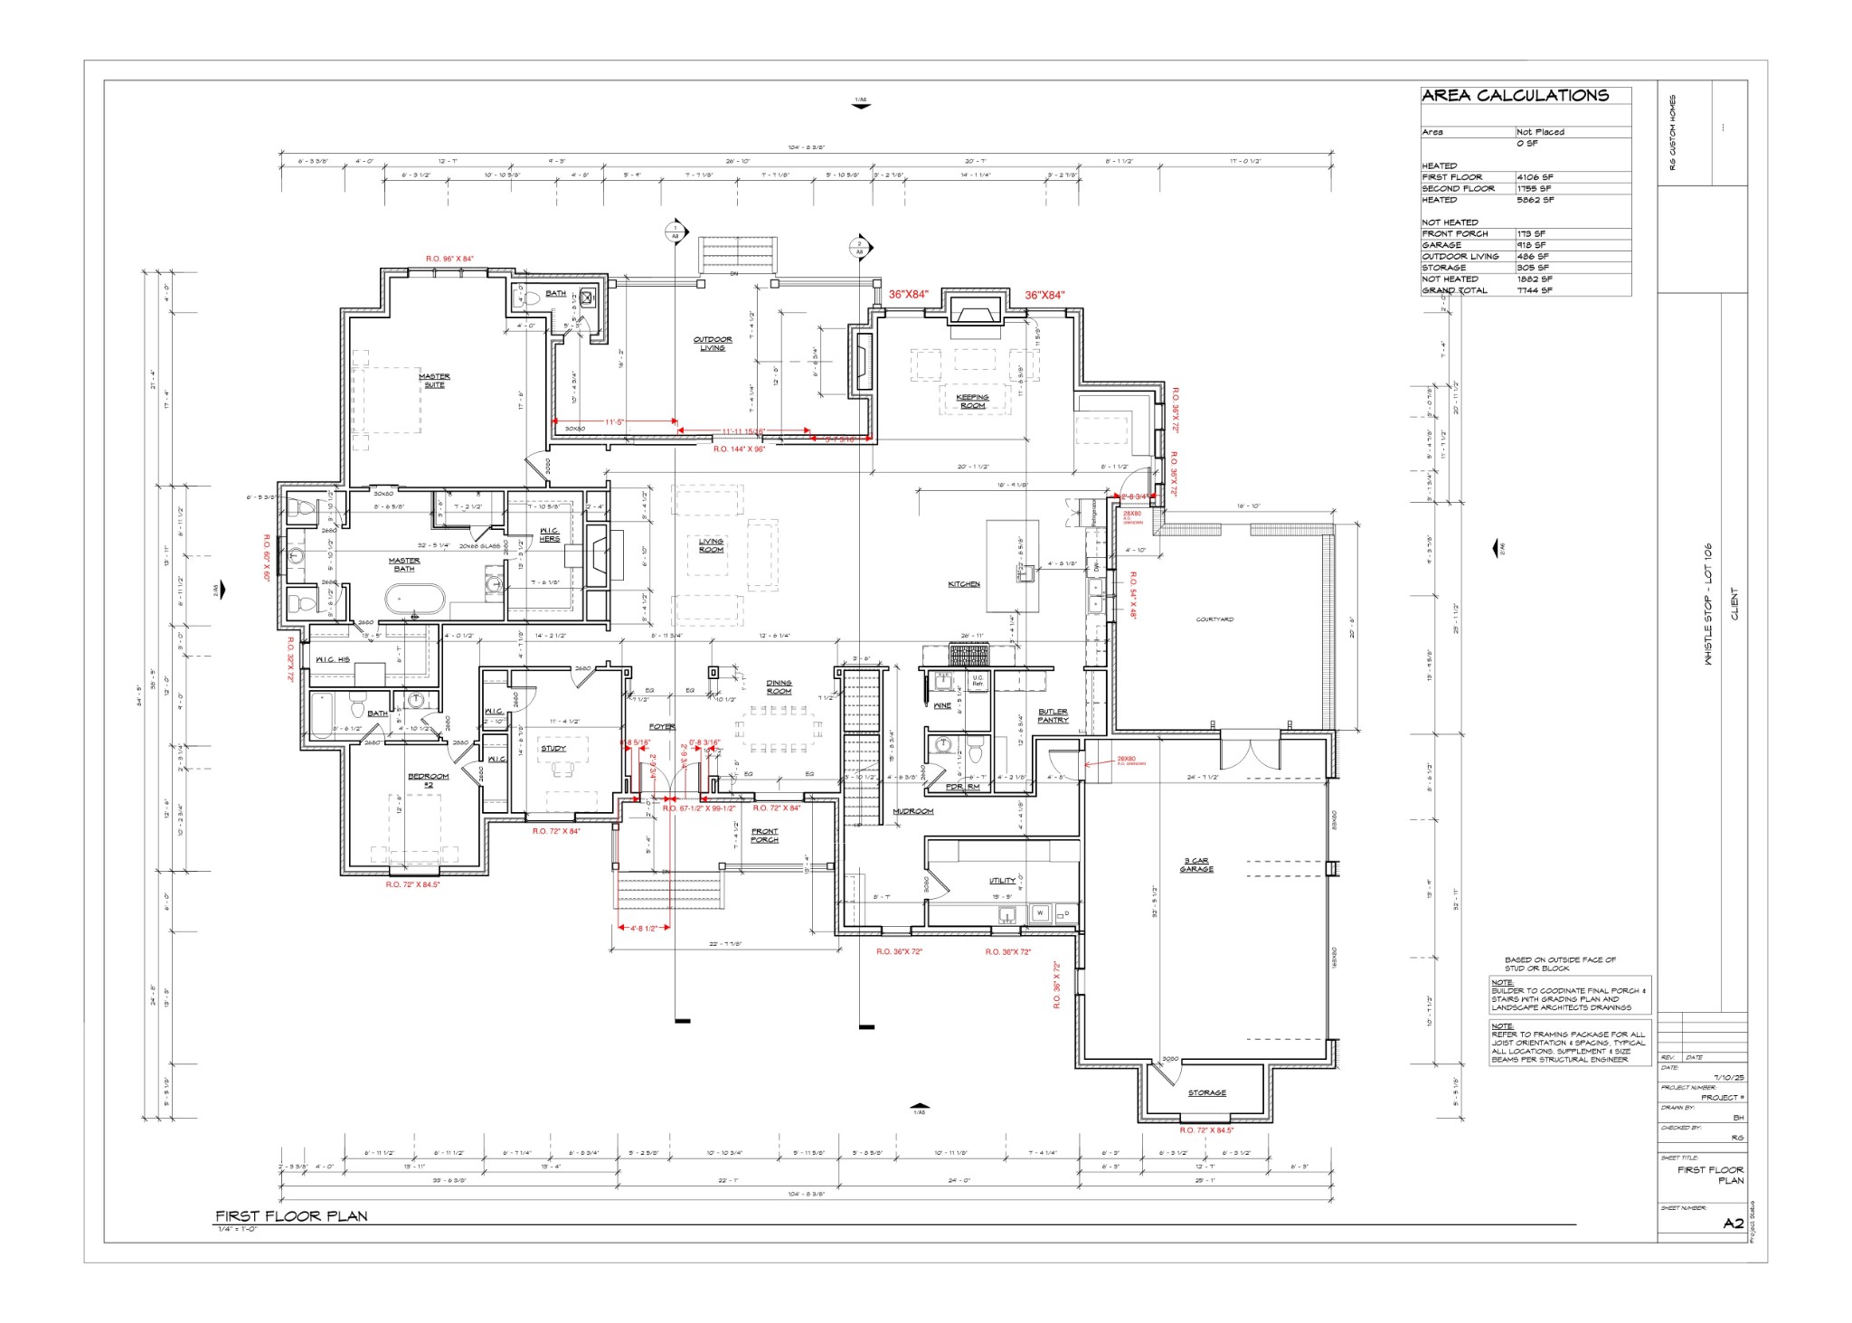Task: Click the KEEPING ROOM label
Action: [x=972, y=401]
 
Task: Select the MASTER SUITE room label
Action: [x=434, y=381]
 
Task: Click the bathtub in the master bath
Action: [x=415, y=599]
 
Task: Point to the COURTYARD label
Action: [x=1214, y=619]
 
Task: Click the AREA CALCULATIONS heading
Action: [x=1515, y=95]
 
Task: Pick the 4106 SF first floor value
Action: [x=1535, y=177]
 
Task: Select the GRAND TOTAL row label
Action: [x=1454, y=290]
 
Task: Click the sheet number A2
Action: [x=1732, y=1224]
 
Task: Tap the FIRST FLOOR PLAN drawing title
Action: [x=291, y=1215]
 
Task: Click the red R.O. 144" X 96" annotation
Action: [x=739, y=449]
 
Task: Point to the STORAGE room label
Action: [x=1206, y=1092]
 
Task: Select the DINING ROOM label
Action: [x=779, y=687]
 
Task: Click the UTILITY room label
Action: [x=1002, y=880]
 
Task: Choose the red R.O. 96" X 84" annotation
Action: [x=449, y=259]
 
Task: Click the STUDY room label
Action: [x=553, y=748]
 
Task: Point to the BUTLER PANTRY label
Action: [x=1053, y=715]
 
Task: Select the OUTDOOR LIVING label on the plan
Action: [x=713, y=344]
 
